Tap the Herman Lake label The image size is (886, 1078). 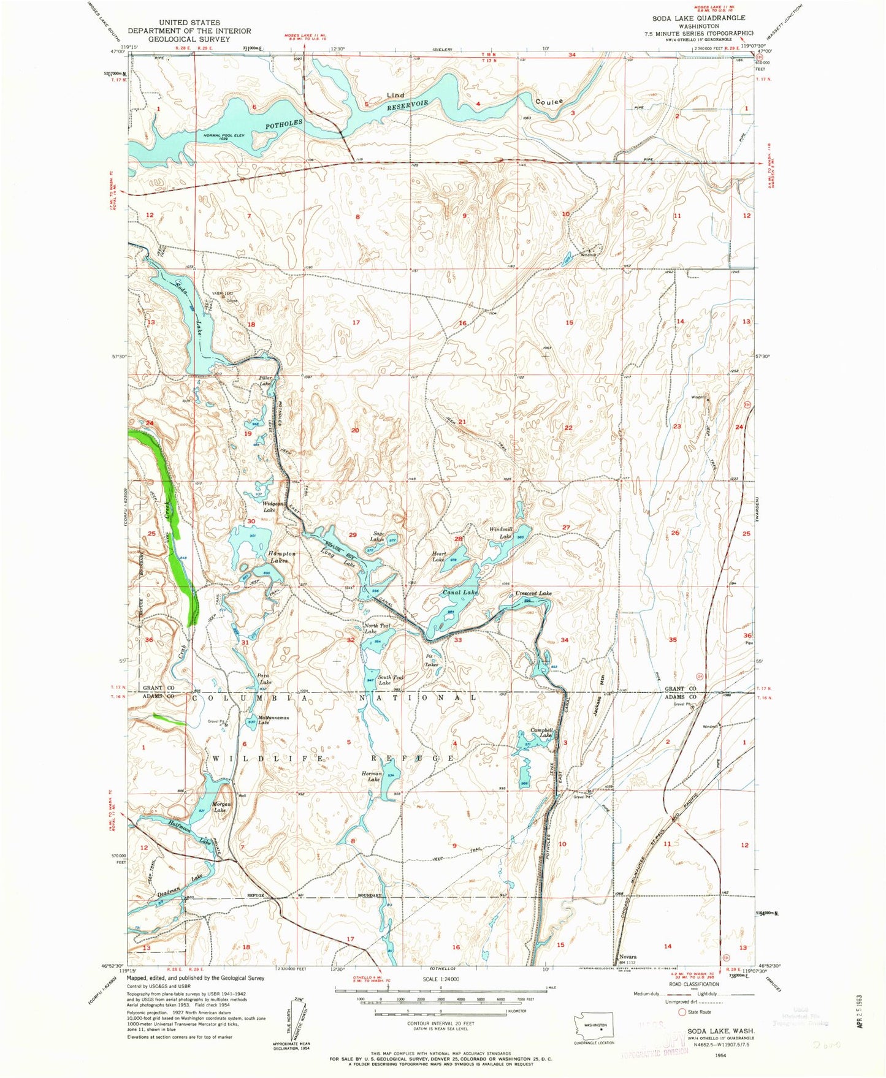coord(372,777)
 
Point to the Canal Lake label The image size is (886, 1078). coord(460,593)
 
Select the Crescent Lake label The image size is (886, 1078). coord(533,593)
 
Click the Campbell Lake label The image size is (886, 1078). coord(542,733)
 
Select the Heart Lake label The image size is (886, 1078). coord(438,556)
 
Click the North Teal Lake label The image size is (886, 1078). coord(376,628)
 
